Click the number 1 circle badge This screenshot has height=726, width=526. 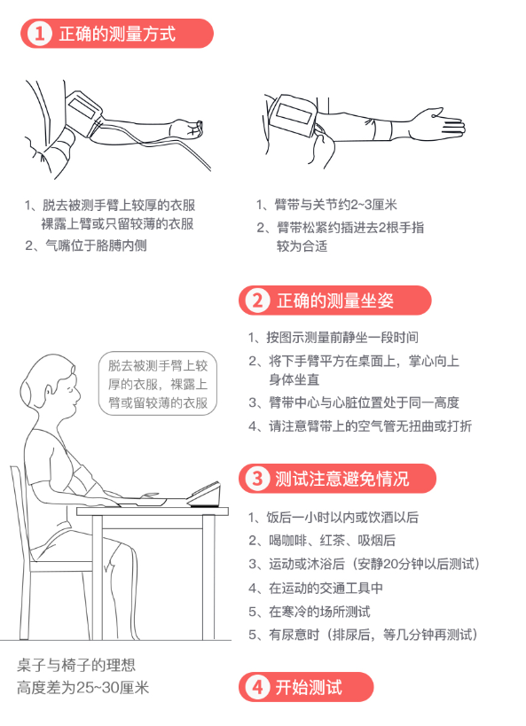point(39,34)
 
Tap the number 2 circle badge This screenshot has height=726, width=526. point(257,301)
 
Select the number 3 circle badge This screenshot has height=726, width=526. point(257,479)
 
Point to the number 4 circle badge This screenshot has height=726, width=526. point(257,687)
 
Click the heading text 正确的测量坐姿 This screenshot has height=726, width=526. point(335,301)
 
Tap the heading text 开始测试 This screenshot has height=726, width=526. point(309,687)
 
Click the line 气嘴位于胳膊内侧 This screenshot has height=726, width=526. point(86,246)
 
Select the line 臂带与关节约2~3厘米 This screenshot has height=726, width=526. point(326,205)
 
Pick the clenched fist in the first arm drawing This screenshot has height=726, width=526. point(187,129)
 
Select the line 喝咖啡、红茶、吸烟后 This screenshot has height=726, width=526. point(322,541)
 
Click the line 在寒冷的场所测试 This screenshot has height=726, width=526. point(310,612)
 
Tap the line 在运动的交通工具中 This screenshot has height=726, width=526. point(316,588)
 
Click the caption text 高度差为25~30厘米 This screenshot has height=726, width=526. point(83,688)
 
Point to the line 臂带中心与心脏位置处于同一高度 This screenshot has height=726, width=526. point(354,402)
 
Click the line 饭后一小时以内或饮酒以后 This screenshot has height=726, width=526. point(334,517)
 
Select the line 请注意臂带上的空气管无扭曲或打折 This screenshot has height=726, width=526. point(360,426)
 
